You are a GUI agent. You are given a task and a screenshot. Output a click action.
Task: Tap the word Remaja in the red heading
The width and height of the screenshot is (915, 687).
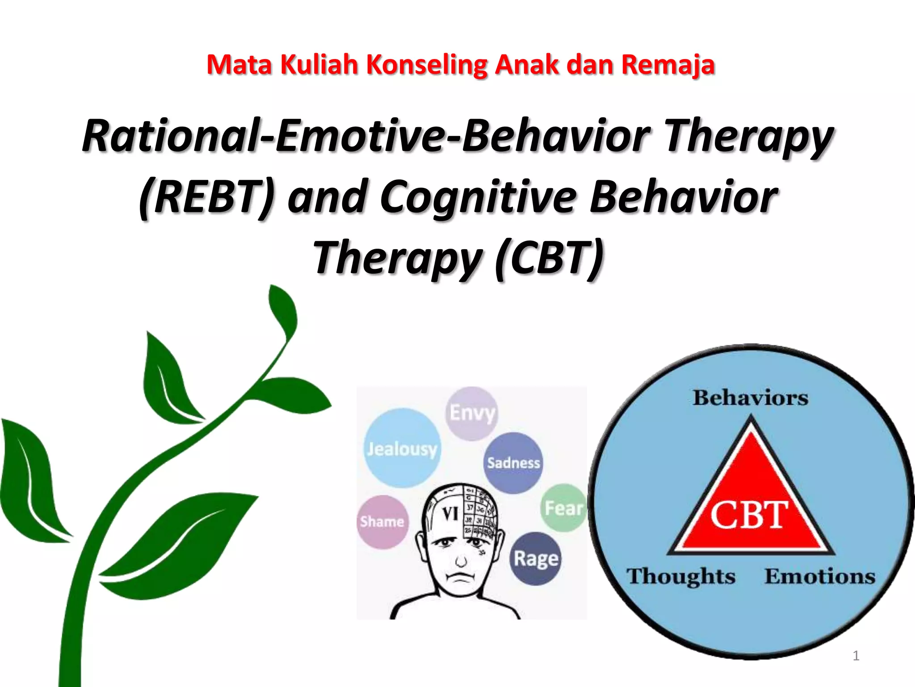click(668, 65)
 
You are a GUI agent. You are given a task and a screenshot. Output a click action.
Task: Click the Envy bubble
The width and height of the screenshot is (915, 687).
click(472, 413)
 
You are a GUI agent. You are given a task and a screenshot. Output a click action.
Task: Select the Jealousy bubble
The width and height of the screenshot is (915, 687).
click(402, 449)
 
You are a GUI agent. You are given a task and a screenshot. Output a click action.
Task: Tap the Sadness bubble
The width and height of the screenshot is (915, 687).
click(513, 463)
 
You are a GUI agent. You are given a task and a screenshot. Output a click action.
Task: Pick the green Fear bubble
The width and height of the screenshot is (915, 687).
click(564, 508)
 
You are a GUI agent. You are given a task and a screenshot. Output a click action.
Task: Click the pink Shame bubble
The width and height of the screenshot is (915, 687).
click(382, 522)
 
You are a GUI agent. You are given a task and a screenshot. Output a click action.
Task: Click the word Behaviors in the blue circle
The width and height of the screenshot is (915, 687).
click(751, 398)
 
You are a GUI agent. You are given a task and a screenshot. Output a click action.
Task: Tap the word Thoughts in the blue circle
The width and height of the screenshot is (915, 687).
click(680, 576)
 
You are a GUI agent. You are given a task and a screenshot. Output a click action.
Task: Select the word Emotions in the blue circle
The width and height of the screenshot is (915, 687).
click(820, 576)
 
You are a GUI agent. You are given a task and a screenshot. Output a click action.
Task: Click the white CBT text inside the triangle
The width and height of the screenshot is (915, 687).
click(749, 515)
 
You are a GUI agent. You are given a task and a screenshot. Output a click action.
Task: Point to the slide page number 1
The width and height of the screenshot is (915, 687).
click(856, 656)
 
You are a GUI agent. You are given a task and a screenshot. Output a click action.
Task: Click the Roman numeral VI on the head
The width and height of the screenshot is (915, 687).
click(450, 514)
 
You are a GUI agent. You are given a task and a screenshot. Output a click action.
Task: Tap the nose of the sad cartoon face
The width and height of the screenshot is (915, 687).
click(461, 560)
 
